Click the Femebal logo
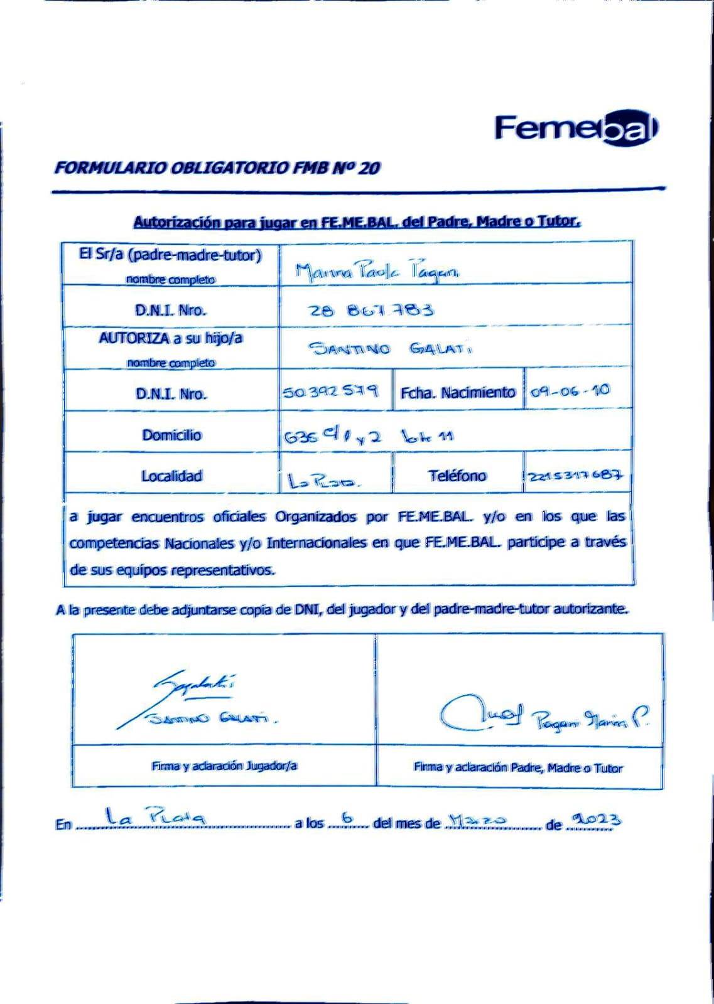pos(576,129)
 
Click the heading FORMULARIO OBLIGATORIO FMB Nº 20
pos(217,168)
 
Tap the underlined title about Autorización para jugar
pos(357,222)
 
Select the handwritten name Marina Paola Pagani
pos(377,270)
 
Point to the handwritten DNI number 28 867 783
pos(371,310)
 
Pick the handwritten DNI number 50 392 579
pos(330,392)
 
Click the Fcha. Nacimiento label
pos(458,393)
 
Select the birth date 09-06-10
pos(570,391)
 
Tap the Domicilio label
pos(171,435)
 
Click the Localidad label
pos(171,476)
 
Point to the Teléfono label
pos(457,476)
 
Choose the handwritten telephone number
pos(576,476)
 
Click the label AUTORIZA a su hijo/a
pos(170,339)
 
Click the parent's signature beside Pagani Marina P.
pos(480,713)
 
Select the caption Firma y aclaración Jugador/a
pos(224,766)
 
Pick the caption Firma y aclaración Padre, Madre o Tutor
pos(518,767)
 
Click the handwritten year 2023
pos(593,820)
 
